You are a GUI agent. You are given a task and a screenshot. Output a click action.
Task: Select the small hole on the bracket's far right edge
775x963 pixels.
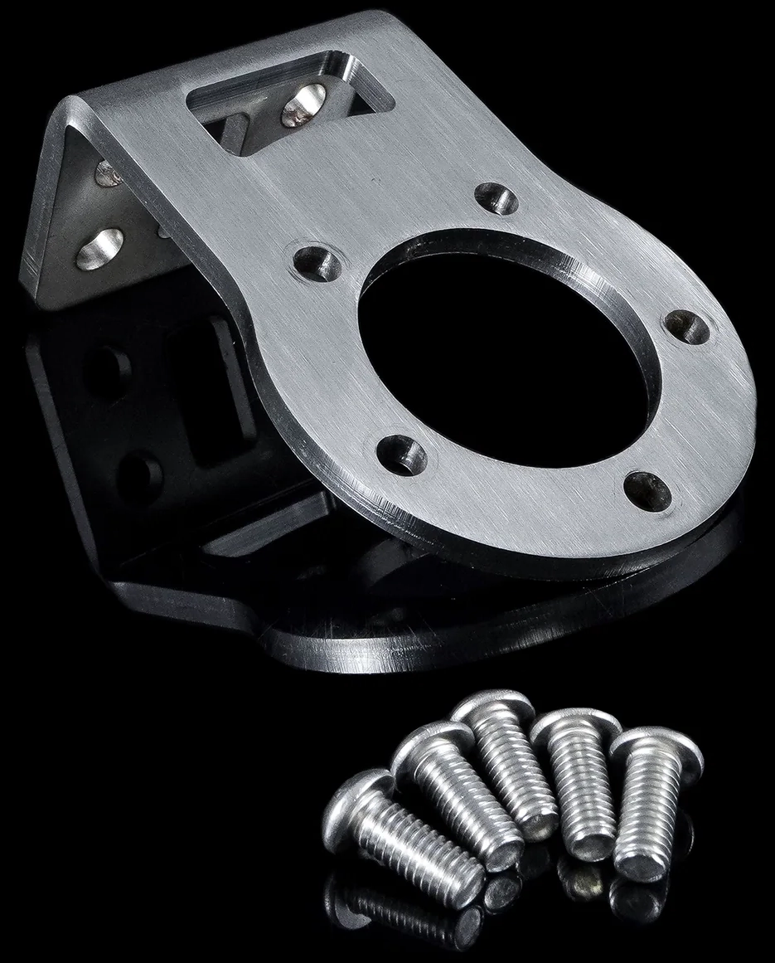[689, 328]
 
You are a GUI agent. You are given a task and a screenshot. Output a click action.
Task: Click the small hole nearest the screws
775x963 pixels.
[647, 490]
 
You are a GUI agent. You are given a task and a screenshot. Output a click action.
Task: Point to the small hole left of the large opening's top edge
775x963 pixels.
[318, 264]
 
